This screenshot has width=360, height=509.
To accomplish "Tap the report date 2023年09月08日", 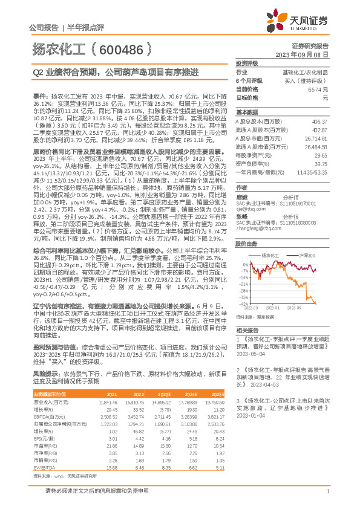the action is [306, 54].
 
